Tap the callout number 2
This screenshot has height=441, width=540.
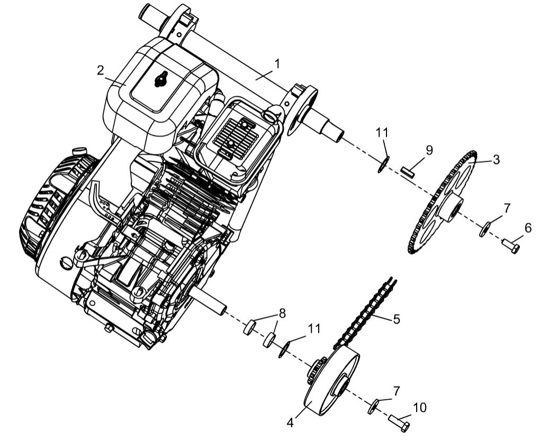coord(100,71)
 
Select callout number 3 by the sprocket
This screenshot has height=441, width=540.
coord(496,159)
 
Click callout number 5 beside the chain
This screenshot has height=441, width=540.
coord(396,319)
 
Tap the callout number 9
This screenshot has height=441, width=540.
coord(429,150)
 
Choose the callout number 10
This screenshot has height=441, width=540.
coord(419,408)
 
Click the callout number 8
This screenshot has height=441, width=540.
coord(282,313)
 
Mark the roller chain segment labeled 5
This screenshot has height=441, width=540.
coord(365,312)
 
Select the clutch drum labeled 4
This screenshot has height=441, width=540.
coord(328,383)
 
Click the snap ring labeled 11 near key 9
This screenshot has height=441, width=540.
coord(384,163)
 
